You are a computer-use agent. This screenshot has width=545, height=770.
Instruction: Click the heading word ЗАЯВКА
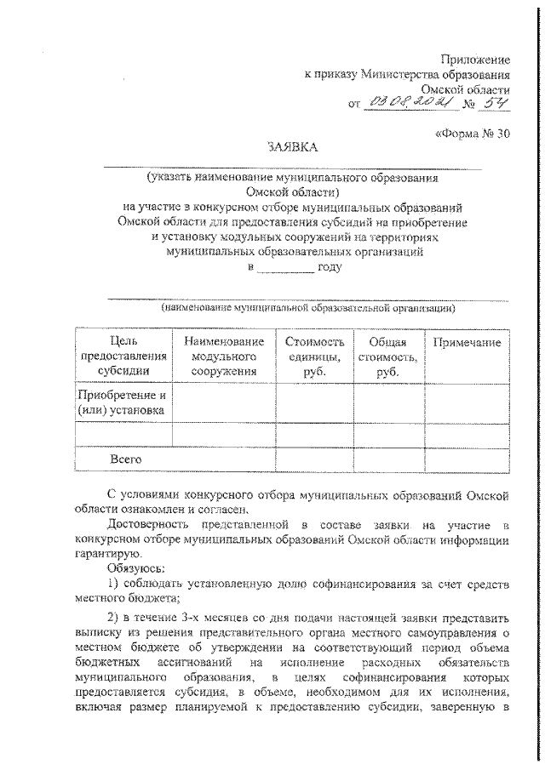click(291, 147)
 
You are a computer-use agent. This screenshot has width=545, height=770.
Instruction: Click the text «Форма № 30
click(473, 134)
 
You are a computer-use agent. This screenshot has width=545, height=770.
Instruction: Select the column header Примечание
click(467, 342)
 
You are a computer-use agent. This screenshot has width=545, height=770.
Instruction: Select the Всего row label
click(124, 459)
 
